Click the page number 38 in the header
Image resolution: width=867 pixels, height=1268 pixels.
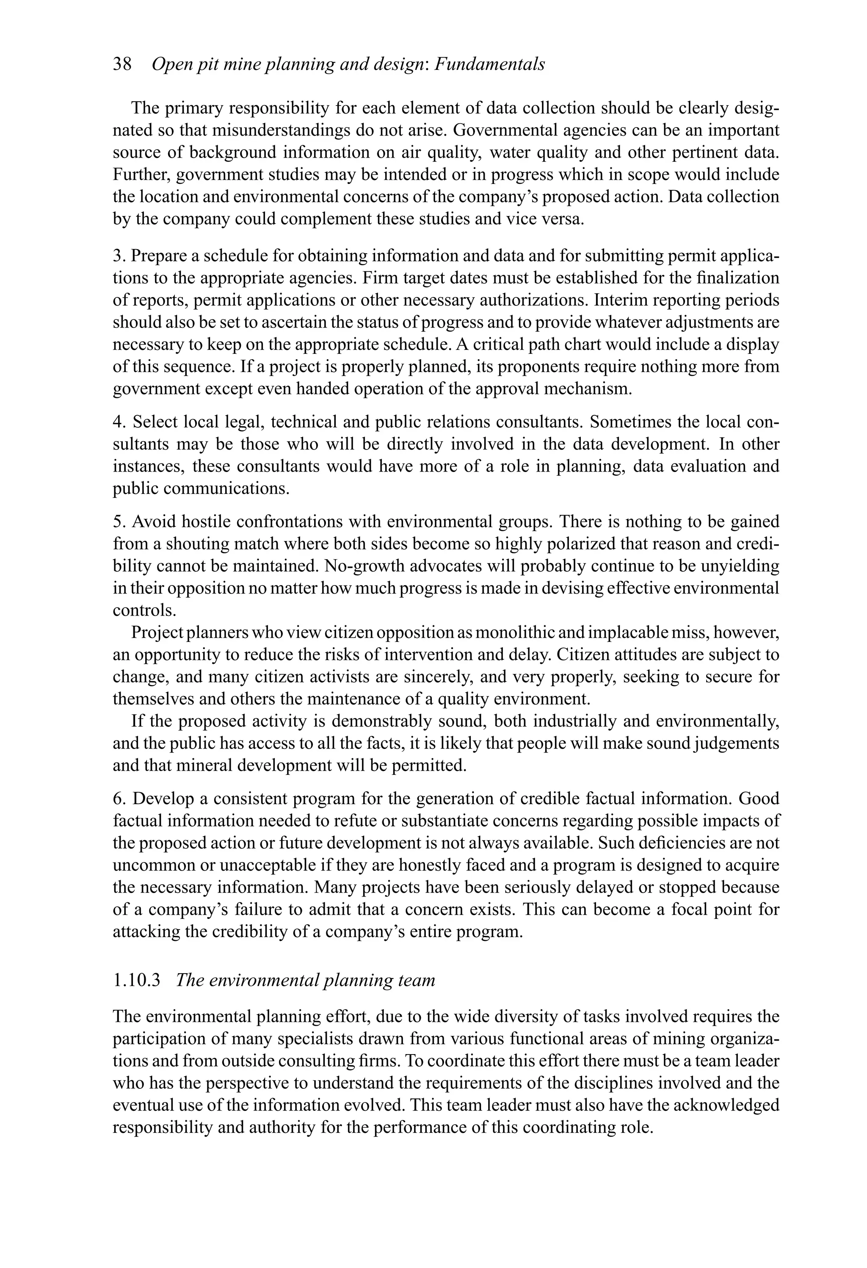[122, 64]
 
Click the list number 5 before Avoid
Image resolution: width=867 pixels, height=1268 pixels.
[117, 522]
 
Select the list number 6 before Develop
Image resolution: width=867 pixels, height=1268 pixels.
[118, 799]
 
